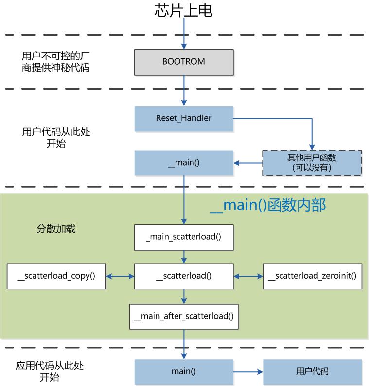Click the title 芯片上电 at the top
tap(184, 11)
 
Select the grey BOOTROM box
tap(184, 62)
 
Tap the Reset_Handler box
tap(184, 118)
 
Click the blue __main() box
tap(184, 163)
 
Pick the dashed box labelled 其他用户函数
tap(312, 163)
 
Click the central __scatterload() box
tap(184, 276)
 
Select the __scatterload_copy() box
tap(56, 276)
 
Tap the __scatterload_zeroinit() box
tap(312, 276)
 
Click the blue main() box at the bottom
tap(184, 371)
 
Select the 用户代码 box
tap(312, 371)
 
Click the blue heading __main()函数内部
tap(267, 205)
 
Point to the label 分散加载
tap(56, 229)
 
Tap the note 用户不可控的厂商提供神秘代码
tap(56, 62)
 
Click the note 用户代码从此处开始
tap(56, 137)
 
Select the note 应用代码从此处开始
tap(53, 371)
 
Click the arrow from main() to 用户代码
tap(248, 371)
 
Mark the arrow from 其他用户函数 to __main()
tap(248, 163)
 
